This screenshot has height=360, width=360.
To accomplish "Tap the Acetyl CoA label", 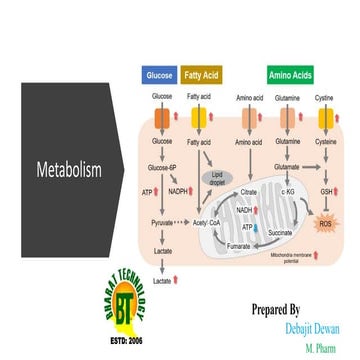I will [x=205, y=222].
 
